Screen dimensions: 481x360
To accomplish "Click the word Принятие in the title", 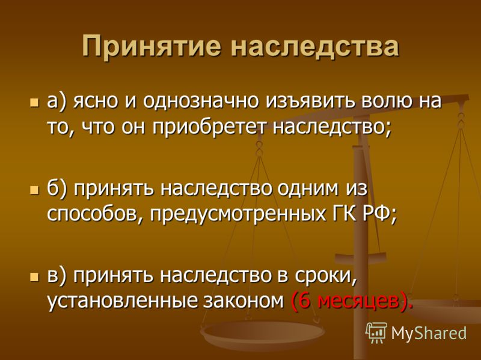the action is click(152, 47).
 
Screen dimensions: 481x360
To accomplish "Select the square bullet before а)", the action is click(35, 102).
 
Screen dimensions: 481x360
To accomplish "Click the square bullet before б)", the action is click(35, 190).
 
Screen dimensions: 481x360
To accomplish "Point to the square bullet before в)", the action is click(35, 277).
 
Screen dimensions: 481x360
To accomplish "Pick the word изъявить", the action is click(310, 102).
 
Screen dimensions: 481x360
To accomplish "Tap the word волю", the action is click(388, 101).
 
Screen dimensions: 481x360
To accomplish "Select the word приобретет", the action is click(208, 128).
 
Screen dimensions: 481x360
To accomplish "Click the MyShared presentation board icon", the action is click(376, 333).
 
